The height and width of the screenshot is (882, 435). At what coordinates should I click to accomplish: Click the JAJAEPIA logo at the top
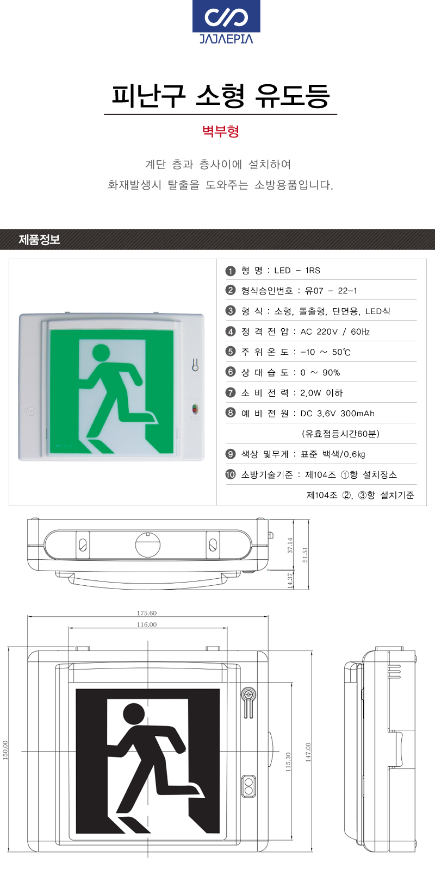226,22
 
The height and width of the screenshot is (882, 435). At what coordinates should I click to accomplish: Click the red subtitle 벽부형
221,131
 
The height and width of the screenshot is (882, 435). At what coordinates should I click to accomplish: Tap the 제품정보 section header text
39,240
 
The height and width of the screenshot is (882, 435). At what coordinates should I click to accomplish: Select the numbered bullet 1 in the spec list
231,271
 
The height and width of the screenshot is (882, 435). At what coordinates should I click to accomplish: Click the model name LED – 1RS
297,271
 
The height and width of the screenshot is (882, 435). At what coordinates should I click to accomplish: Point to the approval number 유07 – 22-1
331,291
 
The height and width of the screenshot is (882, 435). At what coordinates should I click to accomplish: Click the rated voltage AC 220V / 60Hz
335,331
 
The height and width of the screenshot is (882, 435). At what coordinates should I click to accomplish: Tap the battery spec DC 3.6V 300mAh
337,414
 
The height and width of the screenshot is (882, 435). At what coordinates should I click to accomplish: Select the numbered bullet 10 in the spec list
231,474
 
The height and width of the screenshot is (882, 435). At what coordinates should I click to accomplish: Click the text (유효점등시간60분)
341,434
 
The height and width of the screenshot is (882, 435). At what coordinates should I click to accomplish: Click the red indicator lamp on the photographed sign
195,409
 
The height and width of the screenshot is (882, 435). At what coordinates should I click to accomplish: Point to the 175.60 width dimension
147,613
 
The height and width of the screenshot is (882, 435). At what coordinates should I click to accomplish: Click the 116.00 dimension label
147,624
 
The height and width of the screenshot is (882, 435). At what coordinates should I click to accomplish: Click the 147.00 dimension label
308,753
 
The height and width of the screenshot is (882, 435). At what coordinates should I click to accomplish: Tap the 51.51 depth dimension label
305,555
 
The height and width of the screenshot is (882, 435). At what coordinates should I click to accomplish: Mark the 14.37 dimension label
290,581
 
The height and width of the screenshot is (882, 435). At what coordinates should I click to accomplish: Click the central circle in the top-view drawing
148,545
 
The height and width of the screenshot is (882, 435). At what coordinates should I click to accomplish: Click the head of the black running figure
134,714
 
